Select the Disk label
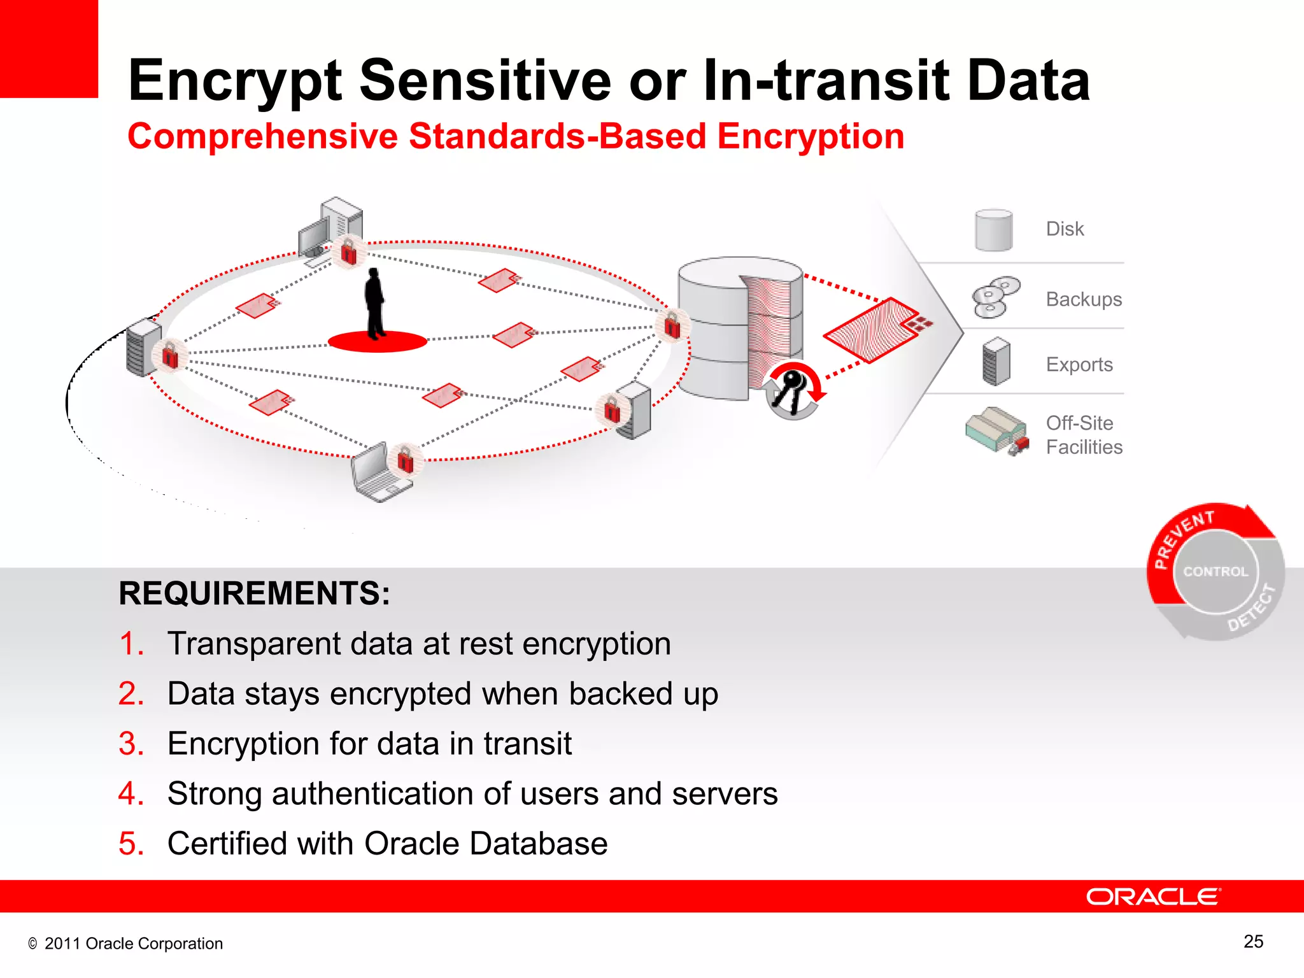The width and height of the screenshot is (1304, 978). coord(1065,229)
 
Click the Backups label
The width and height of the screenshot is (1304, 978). coord(1084,299)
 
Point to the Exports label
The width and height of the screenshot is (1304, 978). coord(1079,365)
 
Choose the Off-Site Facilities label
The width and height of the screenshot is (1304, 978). coord(1084,435)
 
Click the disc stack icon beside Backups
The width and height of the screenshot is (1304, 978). coord(995,297)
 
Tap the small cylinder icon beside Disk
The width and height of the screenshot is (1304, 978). coord(993,230)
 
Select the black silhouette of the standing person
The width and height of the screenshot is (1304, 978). coord(375,303)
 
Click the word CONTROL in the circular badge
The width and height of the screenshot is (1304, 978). coord(1215,572)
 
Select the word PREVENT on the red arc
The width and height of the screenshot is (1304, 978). coord(1183,537)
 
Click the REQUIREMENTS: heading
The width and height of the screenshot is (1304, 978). coord(254,593)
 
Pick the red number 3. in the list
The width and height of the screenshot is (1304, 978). coord(131,744)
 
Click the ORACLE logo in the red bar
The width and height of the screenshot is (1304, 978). coord(1152,896)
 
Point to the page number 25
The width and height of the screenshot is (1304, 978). coord(1253,942)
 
